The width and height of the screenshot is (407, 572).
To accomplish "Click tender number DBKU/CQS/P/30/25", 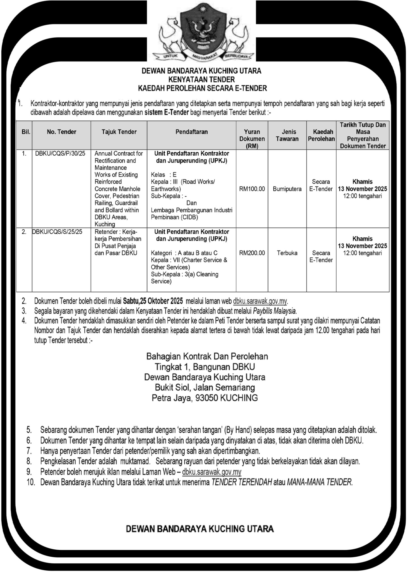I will coord(60,153).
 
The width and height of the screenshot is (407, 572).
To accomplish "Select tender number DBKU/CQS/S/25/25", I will coord(57,232).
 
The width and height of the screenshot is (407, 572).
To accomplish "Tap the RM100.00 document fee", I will coord(252,189).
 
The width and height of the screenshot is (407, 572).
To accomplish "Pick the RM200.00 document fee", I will coord(252,253).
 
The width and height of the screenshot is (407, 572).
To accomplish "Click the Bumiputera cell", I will coord(287,189).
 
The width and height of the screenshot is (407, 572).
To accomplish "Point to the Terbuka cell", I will coord(287,253).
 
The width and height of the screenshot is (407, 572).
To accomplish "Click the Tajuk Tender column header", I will coord(119,132).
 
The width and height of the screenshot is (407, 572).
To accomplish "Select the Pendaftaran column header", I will coord(192,132).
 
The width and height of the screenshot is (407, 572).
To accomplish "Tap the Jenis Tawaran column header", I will coord(287,135).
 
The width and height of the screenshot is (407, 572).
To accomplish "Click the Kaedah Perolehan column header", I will coord(321,135).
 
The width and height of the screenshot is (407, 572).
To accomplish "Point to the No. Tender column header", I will coord(61,132).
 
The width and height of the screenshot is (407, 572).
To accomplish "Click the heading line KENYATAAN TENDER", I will coord(203,80).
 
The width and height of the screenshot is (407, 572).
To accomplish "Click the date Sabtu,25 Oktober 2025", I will coord(153,301).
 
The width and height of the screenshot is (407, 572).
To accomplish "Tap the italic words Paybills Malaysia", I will coord(275,311).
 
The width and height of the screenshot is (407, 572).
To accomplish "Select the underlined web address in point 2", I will coord(260,301).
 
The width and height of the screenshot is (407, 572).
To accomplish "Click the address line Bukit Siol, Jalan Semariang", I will coord(205,388).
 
